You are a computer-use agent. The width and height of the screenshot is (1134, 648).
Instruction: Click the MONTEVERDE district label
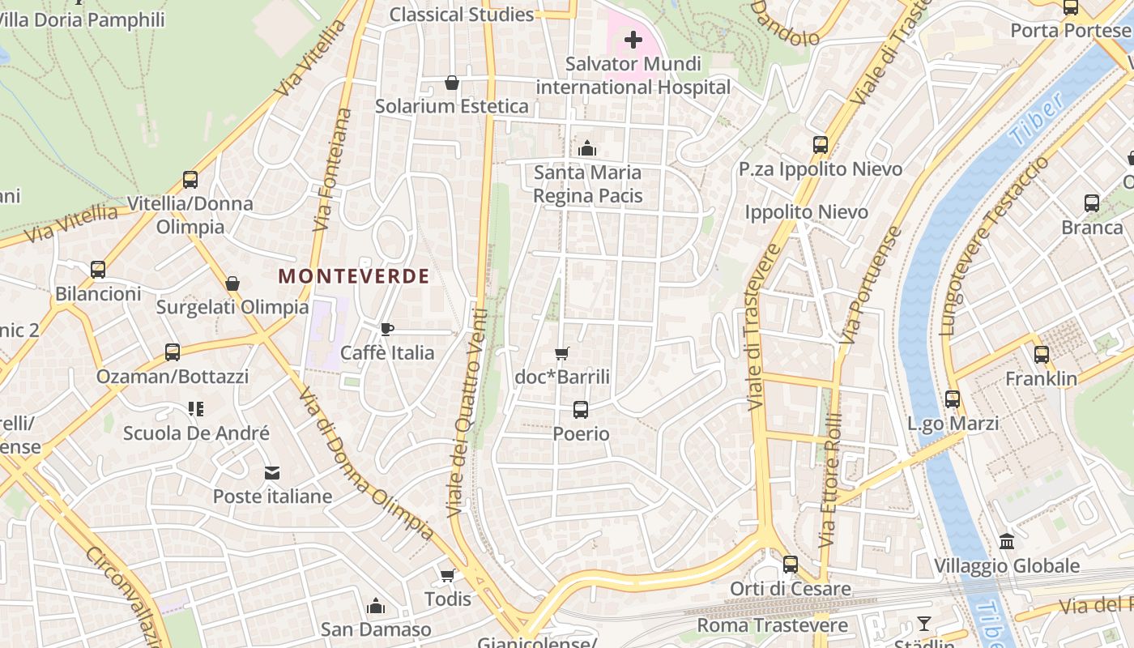pyautogui.click(x=354, y=276)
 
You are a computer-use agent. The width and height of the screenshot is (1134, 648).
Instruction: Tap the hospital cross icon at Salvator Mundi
pyautogui.click(x=633, y=39)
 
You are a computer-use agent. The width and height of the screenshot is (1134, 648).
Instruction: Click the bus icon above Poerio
pyautogui.click(x=581, y=410)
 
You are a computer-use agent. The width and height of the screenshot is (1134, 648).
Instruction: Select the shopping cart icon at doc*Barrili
pyautogui.click(x=562, y=353)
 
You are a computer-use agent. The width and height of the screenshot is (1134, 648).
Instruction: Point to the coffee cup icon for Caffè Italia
pyautogui.click(x=387, y=329)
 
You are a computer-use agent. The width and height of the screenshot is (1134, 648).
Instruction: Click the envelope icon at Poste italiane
pyautogui.click(x=271, y=472)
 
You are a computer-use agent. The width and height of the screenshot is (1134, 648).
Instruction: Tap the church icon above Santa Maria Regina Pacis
pyautogui.click(x=587, y=148)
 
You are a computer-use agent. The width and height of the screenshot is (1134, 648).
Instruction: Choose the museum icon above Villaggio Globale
pyautogui.click(x=1007, y=541)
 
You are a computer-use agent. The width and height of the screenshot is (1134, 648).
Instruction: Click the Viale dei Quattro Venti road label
pyautogui.click(x=467, y=413)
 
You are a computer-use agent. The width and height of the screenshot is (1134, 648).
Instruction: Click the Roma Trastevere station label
pyautogui.click(x=772, y=625)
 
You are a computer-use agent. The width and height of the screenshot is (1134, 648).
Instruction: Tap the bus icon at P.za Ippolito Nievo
pyautogui.click(x=821, y=145)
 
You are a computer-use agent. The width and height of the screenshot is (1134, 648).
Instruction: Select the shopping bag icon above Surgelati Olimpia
pyautogui.click(x=232, y=283)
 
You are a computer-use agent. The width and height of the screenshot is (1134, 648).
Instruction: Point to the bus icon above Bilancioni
pyautogui.click(x=98, y=270)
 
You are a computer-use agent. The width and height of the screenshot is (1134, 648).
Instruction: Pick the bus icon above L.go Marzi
pyautogui.click(x=953, y=399)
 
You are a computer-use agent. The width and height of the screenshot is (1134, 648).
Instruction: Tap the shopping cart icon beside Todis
pyautogui.click(x=447, y=575)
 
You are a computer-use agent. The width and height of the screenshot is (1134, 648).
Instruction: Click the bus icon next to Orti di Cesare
pyautogui.click(x=791, y=564)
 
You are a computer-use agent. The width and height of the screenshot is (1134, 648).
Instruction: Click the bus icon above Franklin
pyautogui.click(x=1042, y=354)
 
